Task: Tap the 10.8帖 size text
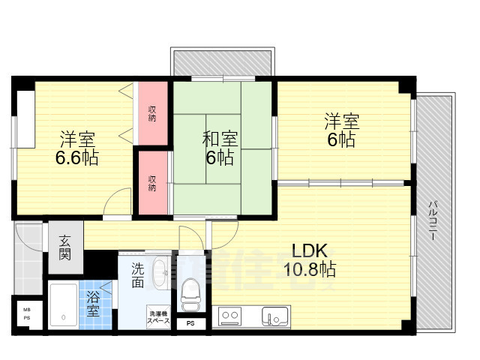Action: point(308,268)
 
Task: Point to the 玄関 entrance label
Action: point(65,248)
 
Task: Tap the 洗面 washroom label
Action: point(138,275)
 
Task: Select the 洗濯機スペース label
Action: point(158,316)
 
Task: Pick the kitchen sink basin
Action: point(274,316)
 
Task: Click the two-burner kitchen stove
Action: point(229,316)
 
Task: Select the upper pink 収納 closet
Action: point(152,113)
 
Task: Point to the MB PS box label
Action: point(27,313)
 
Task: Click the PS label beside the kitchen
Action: point(190,323)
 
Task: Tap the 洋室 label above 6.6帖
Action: point(76,139)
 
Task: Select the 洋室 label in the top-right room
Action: point(341,121)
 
